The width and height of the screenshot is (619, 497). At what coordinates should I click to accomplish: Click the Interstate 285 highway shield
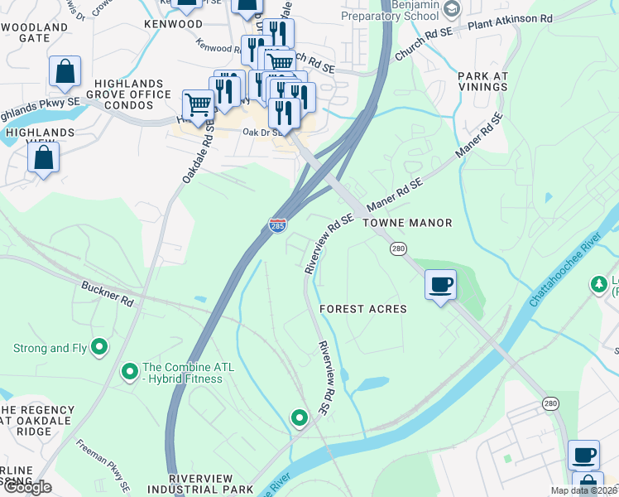point(277,225)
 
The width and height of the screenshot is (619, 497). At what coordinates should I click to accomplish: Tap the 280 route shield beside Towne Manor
point(398,248)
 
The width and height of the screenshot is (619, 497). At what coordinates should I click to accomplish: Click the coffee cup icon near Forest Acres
point(440,285)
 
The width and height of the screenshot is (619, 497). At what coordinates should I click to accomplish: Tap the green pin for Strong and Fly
point(99,347)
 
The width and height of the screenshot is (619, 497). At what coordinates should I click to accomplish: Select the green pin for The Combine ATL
point(129,372)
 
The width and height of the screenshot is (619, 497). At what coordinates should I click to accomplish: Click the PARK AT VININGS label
point(482,83)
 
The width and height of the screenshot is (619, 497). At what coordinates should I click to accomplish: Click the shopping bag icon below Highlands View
point(44,156)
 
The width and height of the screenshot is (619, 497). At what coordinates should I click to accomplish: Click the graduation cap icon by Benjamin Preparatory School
point(451,9)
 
